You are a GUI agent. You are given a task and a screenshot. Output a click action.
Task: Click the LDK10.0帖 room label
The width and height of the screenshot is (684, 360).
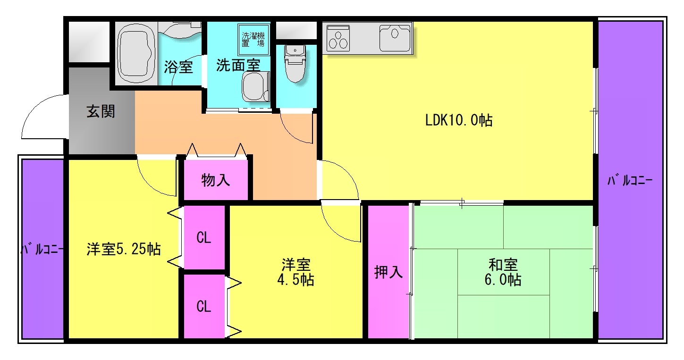tap(459, 120)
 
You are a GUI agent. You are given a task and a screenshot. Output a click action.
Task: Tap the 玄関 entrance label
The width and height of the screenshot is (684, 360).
tap(101, 111)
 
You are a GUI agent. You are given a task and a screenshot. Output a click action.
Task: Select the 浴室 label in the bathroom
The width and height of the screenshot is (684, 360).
tap(178, 67)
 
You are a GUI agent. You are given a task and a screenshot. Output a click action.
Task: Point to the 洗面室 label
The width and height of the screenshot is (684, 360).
tap(238, 65)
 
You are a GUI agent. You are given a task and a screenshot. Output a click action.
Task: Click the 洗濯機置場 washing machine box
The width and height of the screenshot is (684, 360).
tap(253, 40)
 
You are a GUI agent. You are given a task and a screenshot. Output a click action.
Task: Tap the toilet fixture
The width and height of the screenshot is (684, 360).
tap(295, 63)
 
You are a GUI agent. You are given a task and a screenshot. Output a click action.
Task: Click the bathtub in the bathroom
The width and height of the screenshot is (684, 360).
tap(136, 53)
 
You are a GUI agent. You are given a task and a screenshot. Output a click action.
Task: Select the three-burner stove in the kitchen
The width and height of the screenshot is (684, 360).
tap(338, 38)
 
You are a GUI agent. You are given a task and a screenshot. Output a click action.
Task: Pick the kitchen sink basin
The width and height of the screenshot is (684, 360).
tap(395, 38)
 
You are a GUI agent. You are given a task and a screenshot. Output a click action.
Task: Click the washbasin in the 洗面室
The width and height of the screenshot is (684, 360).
tap(255, 87)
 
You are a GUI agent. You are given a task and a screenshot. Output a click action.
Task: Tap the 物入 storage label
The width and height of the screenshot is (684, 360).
tap(216, 180)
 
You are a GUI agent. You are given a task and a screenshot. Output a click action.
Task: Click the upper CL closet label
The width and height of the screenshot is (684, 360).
tap(203, 237)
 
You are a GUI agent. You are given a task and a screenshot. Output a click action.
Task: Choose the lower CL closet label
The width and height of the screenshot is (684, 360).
tap(203, 306)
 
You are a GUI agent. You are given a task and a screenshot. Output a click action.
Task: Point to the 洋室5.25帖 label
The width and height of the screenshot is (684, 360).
tap(124, 249)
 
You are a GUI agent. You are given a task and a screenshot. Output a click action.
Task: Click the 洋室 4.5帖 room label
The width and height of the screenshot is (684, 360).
tap(296, 272)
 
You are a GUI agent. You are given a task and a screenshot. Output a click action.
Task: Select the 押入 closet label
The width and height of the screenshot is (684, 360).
tap(388, 272)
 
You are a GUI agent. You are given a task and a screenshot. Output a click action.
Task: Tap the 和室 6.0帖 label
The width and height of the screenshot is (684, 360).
tap(503, 272)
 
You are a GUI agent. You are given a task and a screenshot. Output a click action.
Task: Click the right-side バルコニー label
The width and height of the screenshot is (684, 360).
tap(630, 180)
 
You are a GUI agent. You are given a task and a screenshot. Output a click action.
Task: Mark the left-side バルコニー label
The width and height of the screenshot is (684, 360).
tap(42, 249)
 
